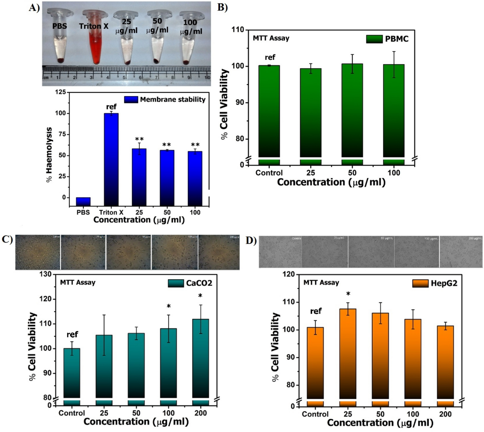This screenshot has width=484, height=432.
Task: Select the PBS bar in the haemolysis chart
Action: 83,201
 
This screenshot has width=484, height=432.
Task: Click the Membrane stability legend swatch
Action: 131,99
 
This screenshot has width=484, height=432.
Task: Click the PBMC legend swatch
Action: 374,39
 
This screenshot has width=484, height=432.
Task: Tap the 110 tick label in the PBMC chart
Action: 238,30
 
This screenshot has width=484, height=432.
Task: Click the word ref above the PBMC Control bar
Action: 270,57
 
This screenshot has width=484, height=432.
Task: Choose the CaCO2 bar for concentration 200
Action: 200,358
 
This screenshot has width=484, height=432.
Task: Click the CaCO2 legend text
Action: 199,283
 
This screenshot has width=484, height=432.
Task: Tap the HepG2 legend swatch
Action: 420,283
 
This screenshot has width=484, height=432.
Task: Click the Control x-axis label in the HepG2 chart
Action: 315,414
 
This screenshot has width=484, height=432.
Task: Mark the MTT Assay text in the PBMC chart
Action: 271,38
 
